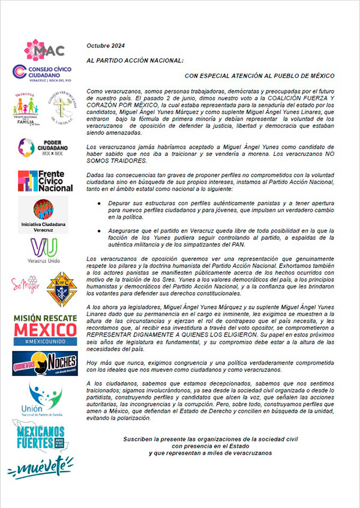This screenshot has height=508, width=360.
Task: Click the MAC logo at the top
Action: (x=44, y=50)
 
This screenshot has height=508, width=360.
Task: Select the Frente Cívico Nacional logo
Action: (x=45, y=180)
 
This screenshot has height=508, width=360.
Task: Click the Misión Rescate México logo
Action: (x=45, y=327)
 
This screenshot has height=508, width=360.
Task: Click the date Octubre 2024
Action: (x=107, y=46)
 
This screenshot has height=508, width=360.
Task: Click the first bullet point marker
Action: (x=99, y=205)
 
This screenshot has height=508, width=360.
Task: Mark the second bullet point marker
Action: (x=99, y=230)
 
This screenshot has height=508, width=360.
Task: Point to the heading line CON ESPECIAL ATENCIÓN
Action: (x=259, y=76)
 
